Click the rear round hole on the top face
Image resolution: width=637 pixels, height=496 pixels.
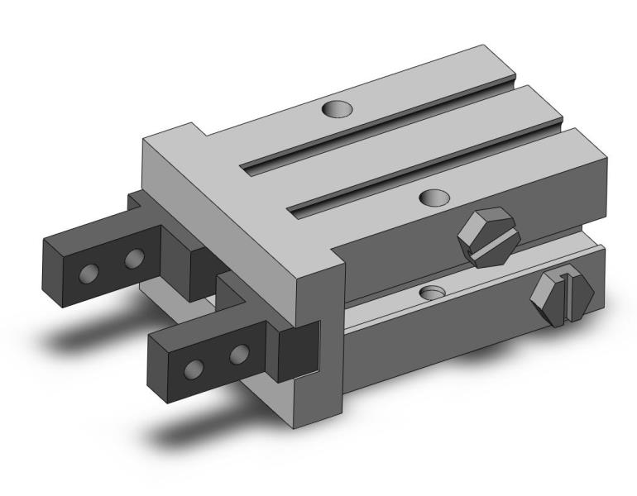(x=336, y=108)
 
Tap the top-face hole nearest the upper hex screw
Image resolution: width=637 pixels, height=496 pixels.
(x=435, y=197)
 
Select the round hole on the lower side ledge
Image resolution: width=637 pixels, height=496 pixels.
(x=432, y=293)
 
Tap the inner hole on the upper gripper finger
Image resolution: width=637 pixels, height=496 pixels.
(x=132, y=260)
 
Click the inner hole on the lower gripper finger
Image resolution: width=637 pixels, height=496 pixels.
(x=240, y=354)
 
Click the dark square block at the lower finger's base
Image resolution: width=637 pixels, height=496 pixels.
(x=297, y=352)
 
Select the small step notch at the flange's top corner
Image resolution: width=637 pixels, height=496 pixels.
(x=195, y=130)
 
